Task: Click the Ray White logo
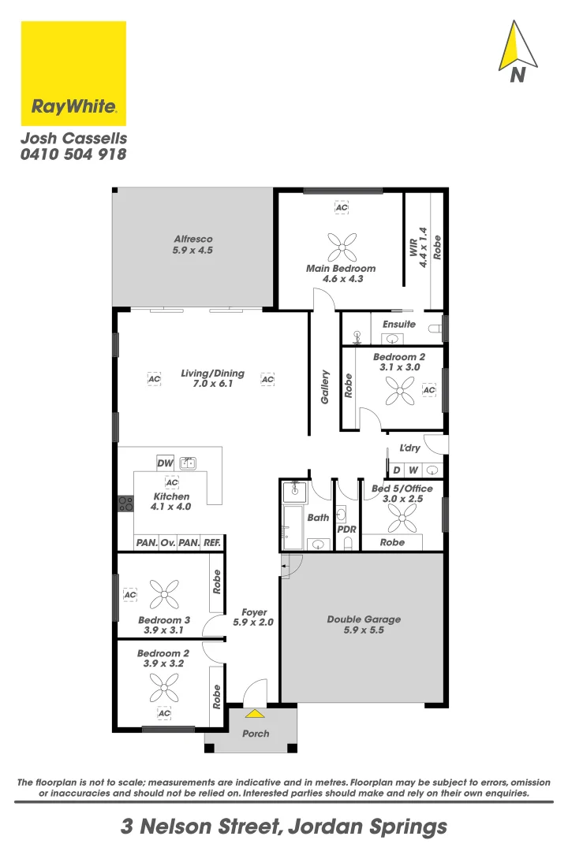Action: click(x=73, y=73)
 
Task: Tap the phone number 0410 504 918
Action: click(x=73, y=154)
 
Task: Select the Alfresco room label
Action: click(x=193, y=239)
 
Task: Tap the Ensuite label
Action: click(x=398, y=324)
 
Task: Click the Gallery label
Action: click(x=324, y=388)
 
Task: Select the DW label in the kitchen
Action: click(x=165, y=463)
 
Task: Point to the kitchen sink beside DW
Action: click(x=188, y=463)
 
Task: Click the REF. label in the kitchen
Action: click(x=211, y=543)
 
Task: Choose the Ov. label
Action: click(x=167, y=543)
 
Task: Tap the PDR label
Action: click(x=346, y=530)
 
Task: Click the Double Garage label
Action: click(x=364, y=619)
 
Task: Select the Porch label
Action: click(x=255, y=734)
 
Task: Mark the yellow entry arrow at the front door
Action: click(x=255, y=714)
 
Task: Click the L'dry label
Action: click(x=410, y=448)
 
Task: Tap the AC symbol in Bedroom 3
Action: click(x=130, y=595)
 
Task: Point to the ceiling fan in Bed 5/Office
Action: click(x=402, y=517)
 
